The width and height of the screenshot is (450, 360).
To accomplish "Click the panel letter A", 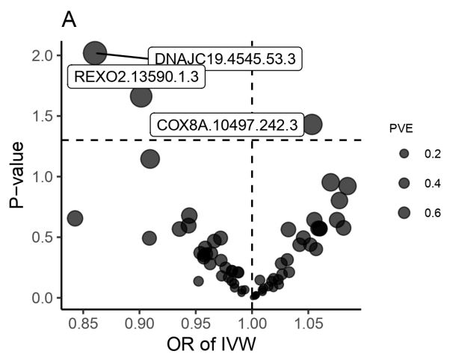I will [70, 21].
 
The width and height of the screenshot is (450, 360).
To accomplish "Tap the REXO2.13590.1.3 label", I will [137, 77].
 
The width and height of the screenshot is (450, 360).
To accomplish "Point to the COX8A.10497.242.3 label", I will [226, 125].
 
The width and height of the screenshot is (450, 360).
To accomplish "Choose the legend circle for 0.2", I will [404, 154].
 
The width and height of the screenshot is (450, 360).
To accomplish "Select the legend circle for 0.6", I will [404, 212].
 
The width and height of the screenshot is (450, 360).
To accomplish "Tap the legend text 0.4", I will [432, 183].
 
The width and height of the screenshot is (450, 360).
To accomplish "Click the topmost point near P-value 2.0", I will [95, 52].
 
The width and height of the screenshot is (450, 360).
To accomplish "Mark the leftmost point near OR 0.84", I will [75, 218].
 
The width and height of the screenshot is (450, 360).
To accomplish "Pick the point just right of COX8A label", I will [312, 125].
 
